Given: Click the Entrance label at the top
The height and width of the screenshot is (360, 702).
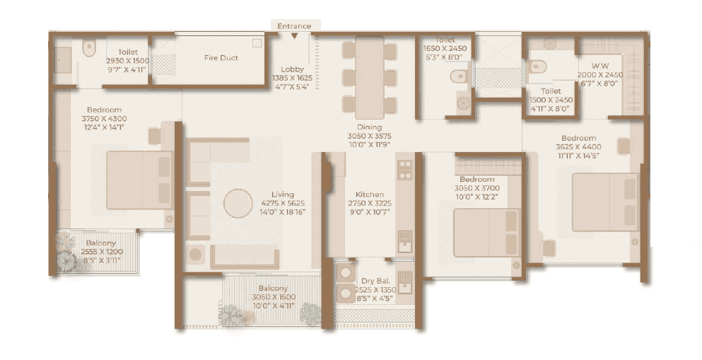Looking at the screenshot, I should (294, 26).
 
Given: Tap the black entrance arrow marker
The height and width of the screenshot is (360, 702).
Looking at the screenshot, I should (294, 35).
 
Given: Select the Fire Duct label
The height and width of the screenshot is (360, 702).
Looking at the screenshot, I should (221, 58).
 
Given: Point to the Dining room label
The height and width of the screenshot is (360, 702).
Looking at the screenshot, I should (368, 128).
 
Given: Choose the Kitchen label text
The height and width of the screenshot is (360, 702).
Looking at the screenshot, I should (370, 194).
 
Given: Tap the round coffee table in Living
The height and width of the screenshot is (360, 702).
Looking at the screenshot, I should (238, 204).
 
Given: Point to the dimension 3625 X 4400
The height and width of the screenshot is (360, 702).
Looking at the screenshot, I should (578, 147).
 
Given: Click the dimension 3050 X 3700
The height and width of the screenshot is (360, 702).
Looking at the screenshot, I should (476, 189).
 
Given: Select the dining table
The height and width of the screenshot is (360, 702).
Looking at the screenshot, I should (369, 78).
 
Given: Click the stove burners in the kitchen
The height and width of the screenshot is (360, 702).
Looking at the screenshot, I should (404, 170).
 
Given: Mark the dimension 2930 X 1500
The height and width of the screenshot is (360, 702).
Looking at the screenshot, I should (128, 61).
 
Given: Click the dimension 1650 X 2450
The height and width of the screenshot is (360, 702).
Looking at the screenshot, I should (445, 50).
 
